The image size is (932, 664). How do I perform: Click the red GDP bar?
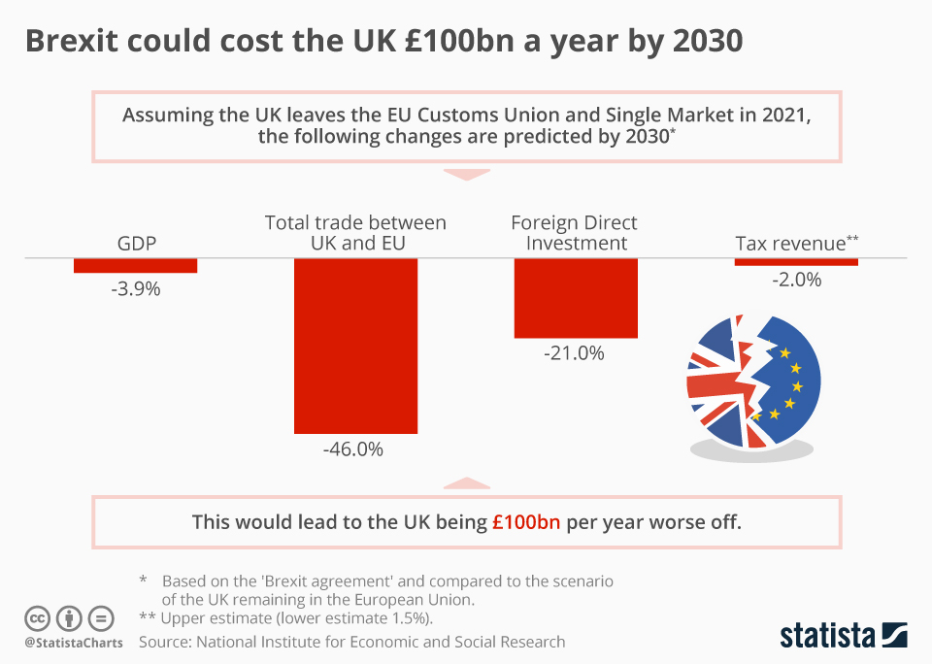click(136, 265)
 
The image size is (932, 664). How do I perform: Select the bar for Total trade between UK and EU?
click(355, 345)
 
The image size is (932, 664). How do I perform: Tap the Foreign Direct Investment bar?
click(576, 297)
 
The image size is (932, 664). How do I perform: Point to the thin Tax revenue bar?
click(796, 261)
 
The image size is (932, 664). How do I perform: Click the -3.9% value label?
click(136, 288)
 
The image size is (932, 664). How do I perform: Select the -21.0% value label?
click(575, 353)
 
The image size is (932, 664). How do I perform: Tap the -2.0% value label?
click(796, 280)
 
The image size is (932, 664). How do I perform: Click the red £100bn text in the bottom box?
click(526, 521)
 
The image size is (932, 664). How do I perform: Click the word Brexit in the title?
click(78, 42)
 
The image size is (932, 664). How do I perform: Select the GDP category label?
click(137, 243)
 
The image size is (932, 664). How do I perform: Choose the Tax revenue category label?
click(791, 243)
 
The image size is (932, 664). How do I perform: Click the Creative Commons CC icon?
click(37, 618)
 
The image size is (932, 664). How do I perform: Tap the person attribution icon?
click(69, 618)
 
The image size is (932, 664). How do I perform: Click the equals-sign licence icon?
click(101, 618)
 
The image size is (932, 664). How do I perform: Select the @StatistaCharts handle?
click(74, 643)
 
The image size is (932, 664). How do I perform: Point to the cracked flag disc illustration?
click(753, 383)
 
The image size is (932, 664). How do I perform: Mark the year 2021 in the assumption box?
click(784, 116)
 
